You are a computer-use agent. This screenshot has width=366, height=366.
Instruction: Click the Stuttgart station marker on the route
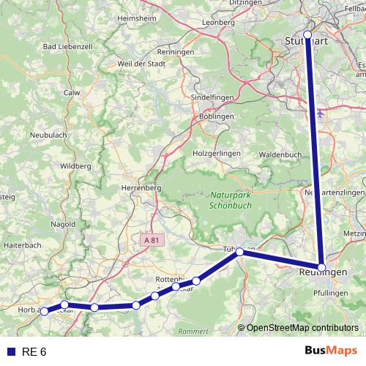coord(307,34)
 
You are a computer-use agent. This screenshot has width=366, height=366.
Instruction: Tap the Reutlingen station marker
coord(322,267)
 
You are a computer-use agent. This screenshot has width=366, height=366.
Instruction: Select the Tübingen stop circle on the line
coord(239,252)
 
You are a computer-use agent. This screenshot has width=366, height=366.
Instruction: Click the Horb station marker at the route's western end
coord(45,311)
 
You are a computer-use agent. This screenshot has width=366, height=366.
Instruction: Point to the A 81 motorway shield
coord(152,239)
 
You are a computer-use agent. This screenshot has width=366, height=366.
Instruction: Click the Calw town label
coord(72,93)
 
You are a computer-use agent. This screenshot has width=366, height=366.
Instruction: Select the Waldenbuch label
coord(282,155)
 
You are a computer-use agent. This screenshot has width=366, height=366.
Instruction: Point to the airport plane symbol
coord(323,114)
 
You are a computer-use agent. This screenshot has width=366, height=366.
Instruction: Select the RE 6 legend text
coord(34,351)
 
